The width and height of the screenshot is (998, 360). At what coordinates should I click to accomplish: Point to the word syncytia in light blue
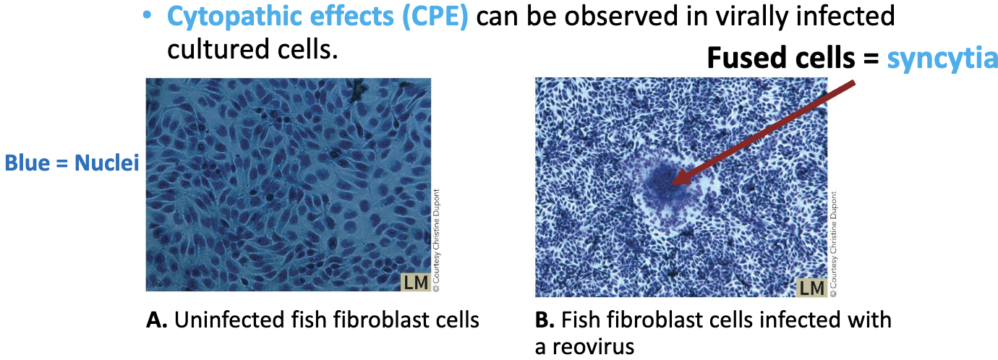[942, 58]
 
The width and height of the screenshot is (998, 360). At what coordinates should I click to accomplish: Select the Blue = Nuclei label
[72, 163]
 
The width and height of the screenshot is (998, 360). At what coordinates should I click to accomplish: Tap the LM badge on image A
[415, 283]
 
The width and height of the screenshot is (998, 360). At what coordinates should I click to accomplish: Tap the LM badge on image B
[811, 288]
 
